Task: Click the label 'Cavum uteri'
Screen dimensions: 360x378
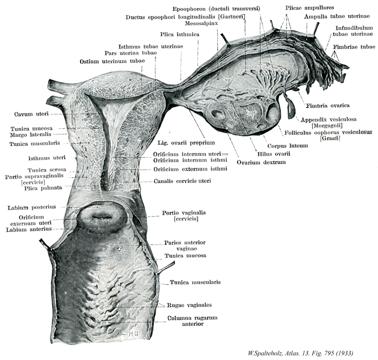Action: click(30, 113)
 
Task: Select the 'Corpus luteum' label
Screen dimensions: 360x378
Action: click(294, 146)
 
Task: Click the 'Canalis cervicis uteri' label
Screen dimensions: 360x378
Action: click(182, 181)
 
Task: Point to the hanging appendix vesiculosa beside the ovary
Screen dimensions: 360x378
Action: click(291, 108)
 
